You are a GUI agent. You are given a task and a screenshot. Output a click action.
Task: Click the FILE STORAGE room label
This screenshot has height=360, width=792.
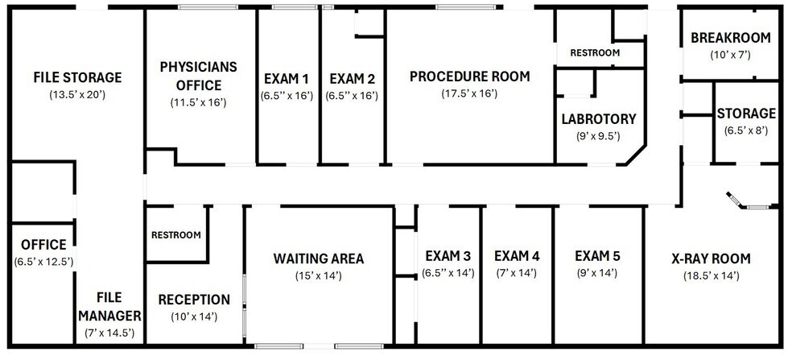(x=77, y=77)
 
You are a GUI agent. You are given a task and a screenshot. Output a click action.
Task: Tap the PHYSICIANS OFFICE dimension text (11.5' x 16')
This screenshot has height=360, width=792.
(x=198, y=102)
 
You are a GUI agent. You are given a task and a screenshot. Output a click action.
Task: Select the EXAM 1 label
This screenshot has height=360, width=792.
(x=287, y=79)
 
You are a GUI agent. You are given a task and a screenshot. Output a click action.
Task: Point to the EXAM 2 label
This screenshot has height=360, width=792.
(x=352, y=79)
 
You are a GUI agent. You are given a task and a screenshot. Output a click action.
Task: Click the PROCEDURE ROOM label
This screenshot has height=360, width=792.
(x=470, y=77)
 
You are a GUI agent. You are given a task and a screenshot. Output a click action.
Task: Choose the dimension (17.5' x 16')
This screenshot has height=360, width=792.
(x=470, y=93)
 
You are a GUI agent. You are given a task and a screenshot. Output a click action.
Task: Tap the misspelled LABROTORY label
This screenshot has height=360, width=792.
(x=599, y=119)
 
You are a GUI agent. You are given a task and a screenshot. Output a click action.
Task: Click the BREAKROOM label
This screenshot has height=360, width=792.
(x=731, y=38)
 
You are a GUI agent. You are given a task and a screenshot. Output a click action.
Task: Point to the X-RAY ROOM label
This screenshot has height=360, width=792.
(x=712, y=259)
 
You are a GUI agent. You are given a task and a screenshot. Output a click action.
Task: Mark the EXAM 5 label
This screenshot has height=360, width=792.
(x=597, y=256)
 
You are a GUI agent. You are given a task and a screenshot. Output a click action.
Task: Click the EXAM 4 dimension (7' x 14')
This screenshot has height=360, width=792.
(x=516, y=274)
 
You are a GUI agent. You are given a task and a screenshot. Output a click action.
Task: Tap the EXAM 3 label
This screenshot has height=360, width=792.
(x=448, y=256)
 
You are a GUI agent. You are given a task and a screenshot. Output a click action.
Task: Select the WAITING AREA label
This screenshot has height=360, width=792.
(x=319, y=259)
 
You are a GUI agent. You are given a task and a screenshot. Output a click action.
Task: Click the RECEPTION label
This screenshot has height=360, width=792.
(x=194, y=300)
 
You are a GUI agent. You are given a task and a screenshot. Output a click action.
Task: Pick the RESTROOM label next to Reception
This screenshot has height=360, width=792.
(x=176, y=235)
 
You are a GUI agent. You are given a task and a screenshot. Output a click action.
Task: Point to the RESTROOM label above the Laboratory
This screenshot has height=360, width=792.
(x=595, y=52)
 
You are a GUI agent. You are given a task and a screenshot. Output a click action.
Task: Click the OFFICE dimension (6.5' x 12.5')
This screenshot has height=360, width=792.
(x=44, y=262)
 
